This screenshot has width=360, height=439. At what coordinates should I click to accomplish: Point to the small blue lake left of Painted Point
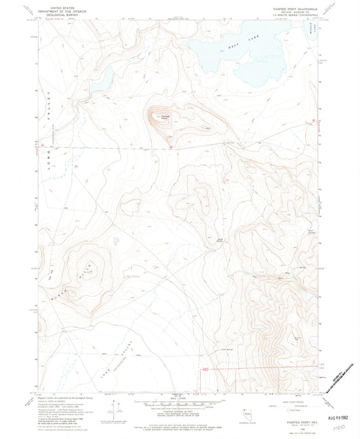[103, 82]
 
